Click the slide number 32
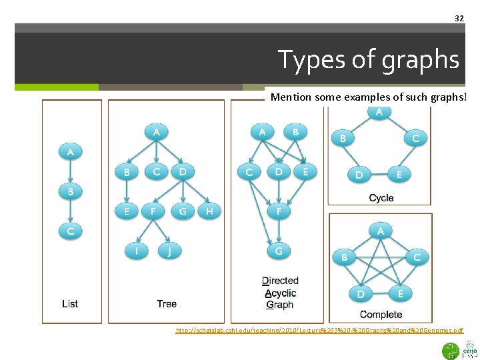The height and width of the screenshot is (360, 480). (x=459, y=18)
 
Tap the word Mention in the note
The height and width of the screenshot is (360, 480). (x=291, y=97)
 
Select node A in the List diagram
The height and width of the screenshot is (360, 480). (x=70, y=152)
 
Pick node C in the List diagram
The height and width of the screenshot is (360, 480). (x=70, y=231)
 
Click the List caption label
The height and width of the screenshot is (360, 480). (x=70, y=304)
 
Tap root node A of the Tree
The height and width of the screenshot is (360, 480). (x=156, y=132)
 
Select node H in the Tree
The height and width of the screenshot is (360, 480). (x=209, y=211)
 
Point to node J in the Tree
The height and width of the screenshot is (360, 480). (x=169, y=251)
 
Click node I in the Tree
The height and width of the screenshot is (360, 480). (x=137, y=251)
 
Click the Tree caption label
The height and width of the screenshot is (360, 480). (x=167, y=304)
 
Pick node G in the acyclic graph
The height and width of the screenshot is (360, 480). (x=279, y=251)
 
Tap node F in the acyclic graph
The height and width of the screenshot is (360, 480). (x=279, y=211)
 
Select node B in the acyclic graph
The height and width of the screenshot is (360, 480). (x=295, y=132)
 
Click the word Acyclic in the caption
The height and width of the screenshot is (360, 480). (x=280, y=293)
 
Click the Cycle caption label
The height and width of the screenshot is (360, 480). (x=381, y=198)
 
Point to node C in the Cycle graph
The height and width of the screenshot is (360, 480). (x=415, y=139)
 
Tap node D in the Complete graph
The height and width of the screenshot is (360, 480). (x=360, y=293)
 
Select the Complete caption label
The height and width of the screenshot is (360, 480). (x=381, y=315)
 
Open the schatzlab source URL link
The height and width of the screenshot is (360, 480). (x=319, y=331)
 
